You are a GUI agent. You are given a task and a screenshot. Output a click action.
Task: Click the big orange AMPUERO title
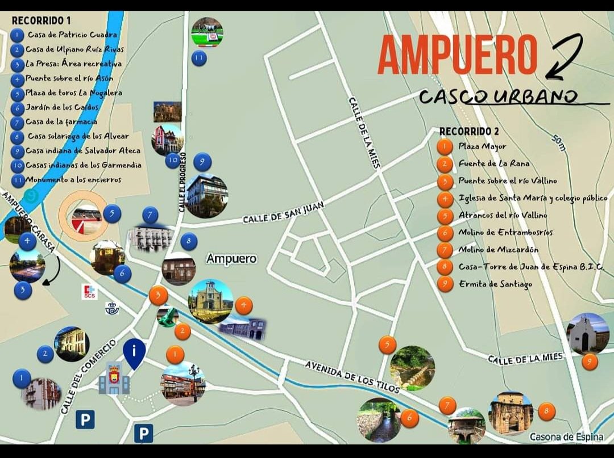(x=457, y=54)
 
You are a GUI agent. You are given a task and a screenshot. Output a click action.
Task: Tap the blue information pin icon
(x=134, y=353)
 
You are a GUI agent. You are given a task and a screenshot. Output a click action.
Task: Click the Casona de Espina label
(x=566, y=437)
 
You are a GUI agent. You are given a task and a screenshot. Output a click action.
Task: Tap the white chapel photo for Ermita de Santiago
(x=587, y=334)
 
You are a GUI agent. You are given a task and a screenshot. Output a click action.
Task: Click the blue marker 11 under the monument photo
(x=199, y=58)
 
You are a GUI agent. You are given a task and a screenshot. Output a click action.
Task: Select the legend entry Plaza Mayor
(x=482, y=146)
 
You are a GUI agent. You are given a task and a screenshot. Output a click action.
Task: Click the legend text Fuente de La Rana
(x=493, y=163)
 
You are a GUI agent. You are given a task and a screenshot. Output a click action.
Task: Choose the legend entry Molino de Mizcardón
(x=498, y=250)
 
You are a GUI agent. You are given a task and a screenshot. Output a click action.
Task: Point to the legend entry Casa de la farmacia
(x=61, y=121)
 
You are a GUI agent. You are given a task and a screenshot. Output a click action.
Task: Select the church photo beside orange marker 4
(x=210, y=301)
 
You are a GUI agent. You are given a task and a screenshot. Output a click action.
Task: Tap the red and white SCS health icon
(x=90, y=292)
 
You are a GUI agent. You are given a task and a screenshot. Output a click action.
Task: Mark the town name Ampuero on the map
(x=231, y=259)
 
